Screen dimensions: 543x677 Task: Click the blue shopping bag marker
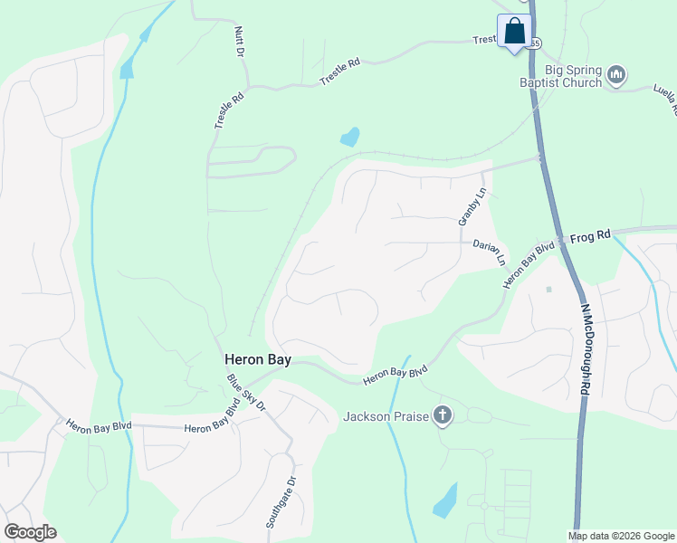(514, 32)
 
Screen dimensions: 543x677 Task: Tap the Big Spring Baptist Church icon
(616, 74)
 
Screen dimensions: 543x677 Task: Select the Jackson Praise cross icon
(442, 415)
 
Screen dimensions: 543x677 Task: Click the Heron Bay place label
(258, 359)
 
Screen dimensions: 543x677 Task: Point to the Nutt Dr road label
(240, 42)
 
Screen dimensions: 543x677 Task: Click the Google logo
(30, 532)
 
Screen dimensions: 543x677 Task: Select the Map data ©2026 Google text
(621, 536)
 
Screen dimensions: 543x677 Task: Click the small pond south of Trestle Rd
(348, 138)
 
